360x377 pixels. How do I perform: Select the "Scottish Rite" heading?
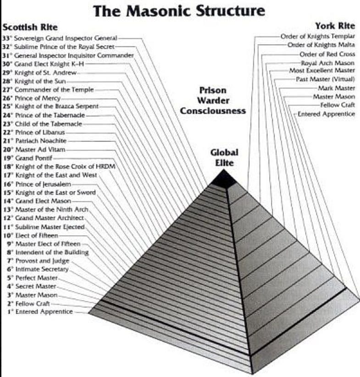30,28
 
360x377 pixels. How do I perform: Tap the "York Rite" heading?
334,26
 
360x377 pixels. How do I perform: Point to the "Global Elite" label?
224,157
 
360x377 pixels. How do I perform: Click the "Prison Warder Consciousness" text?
213,100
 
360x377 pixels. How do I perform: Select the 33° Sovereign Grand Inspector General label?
60,38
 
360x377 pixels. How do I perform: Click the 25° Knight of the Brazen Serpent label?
50,106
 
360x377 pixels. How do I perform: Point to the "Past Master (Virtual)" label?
325,79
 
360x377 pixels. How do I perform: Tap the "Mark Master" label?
336,88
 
